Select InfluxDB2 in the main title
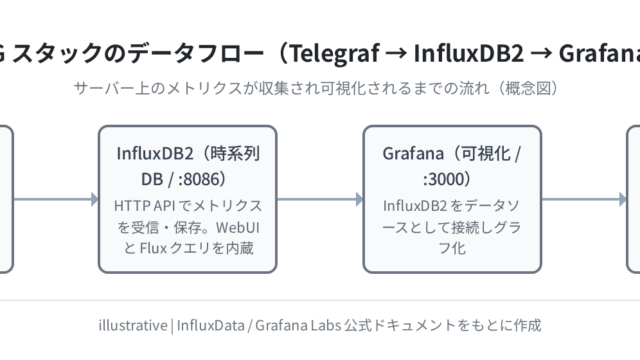click(x=469, y=53)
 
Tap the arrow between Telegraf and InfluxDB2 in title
click(x=396, y=54)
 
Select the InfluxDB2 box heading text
click(x=188, y=166)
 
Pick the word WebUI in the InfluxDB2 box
click(x=238, y=227)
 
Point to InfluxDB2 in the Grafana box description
click(x=415, y=206)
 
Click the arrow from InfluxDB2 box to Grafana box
click(x=320, y=200)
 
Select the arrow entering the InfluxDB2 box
click(x=56, y=200)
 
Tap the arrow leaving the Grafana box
click(x=584, y=200)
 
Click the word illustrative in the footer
click(x=133, y=325)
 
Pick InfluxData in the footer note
click(x=211, y=325)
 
